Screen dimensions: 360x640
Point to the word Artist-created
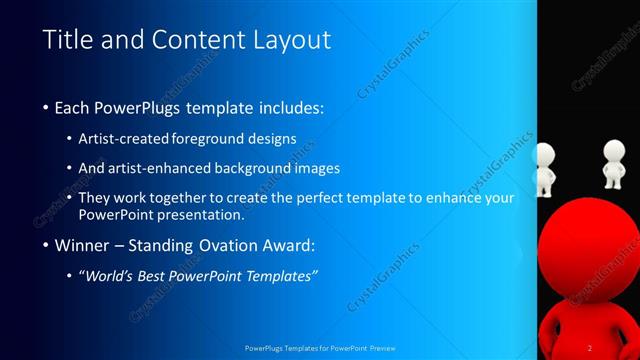click(x=123, y=139)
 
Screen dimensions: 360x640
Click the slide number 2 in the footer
click(x=590, y=348)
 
